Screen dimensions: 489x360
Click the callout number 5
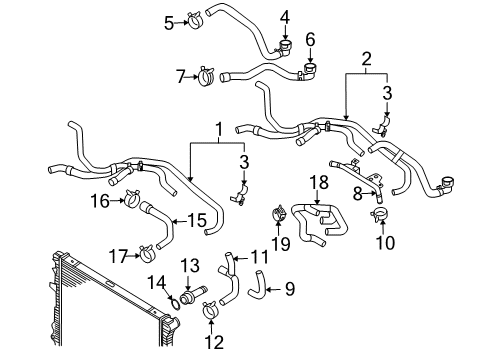click(x=169, y=23)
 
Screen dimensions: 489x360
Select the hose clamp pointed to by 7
click(x=207, y=76)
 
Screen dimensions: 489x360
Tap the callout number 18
click(x=319, y=183)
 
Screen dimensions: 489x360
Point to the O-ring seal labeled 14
click(x=175, y=303)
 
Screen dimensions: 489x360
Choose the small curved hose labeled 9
click(x=258, y=285)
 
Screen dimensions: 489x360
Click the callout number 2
click(x=366, y=59)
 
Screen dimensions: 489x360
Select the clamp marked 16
click(x=132, y=198)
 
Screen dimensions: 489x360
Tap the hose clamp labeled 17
click(x=146, y=253)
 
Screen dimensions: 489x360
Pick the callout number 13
click(x=190, y=266)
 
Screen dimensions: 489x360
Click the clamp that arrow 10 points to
click(x=380, y=214)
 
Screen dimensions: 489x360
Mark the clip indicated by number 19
click(x=279, y=213)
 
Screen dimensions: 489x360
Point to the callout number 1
click(x=219, y=130)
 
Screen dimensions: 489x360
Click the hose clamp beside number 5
click(x=195, y=20)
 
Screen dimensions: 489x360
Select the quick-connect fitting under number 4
click(x=284, y=48)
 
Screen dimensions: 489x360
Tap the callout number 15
click(x=196, y=220)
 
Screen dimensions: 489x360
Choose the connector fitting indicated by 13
click(x=193, y=293)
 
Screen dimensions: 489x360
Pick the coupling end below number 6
click(x=309, y=71)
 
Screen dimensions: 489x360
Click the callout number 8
click(x=358, y=194)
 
